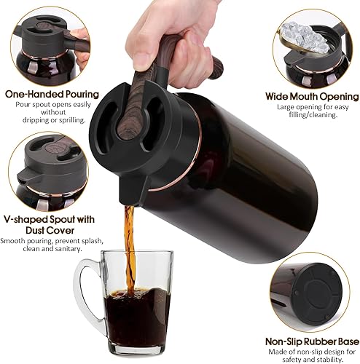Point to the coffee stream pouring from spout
pos(130,240)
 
